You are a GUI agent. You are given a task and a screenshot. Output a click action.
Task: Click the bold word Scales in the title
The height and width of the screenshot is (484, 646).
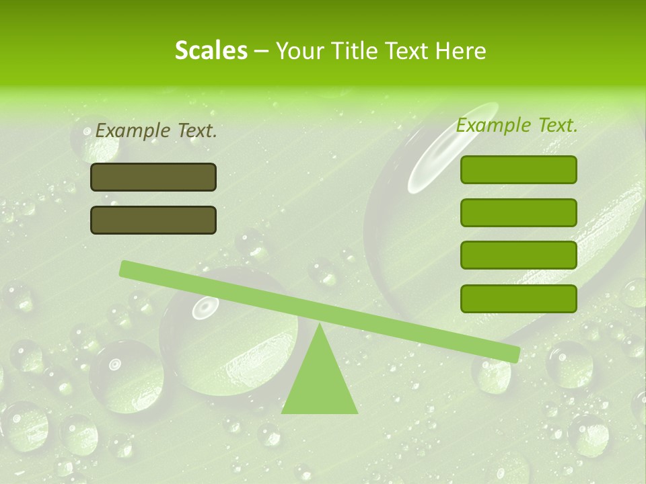pos(211,50)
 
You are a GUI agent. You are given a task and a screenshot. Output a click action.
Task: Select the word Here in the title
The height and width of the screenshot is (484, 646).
pos(462,50)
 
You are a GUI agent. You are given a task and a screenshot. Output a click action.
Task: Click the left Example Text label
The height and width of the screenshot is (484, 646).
pos(156,131)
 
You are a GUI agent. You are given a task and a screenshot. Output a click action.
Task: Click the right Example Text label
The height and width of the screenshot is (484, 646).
pos(517,125)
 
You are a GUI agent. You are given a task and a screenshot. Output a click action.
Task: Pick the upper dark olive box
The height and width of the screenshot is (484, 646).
pos(153,177)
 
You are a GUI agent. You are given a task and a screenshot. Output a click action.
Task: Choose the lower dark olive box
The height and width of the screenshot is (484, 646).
pos(153,220)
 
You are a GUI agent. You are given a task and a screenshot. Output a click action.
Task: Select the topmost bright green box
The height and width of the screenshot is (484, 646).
pos(518,169)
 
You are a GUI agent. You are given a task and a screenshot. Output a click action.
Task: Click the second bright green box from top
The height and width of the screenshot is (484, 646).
pos(518,212)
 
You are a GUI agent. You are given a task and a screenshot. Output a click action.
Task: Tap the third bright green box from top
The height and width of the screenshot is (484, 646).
pos(518,255)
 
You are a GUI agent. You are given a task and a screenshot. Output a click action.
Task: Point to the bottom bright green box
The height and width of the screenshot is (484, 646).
pos(518,298)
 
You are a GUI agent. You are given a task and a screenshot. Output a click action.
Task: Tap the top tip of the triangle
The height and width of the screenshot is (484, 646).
pos(319,325)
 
